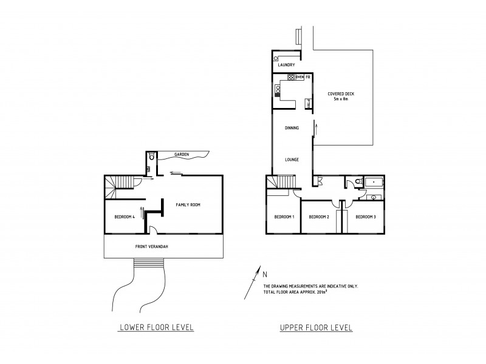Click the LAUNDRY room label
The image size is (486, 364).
[287, 65]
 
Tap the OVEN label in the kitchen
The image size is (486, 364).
[299, 78]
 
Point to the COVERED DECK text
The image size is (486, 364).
[341, 93]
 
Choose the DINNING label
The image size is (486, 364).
[292, 128]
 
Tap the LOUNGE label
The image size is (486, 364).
[292, 160]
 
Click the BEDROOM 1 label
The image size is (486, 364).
[284, 217]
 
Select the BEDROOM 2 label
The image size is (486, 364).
[319, 217]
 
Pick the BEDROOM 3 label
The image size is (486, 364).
[366, 217]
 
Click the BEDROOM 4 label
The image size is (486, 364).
[124, 217]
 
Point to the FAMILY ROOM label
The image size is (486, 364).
[188, 205]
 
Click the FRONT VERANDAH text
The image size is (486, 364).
[152, 246]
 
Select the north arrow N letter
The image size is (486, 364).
[264, 272]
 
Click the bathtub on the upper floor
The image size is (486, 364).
[371, 181]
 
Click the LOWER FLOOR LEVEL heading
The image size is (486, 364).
[157, 328]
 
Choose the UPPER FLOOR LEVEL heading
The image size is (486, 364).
[316, 328]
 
